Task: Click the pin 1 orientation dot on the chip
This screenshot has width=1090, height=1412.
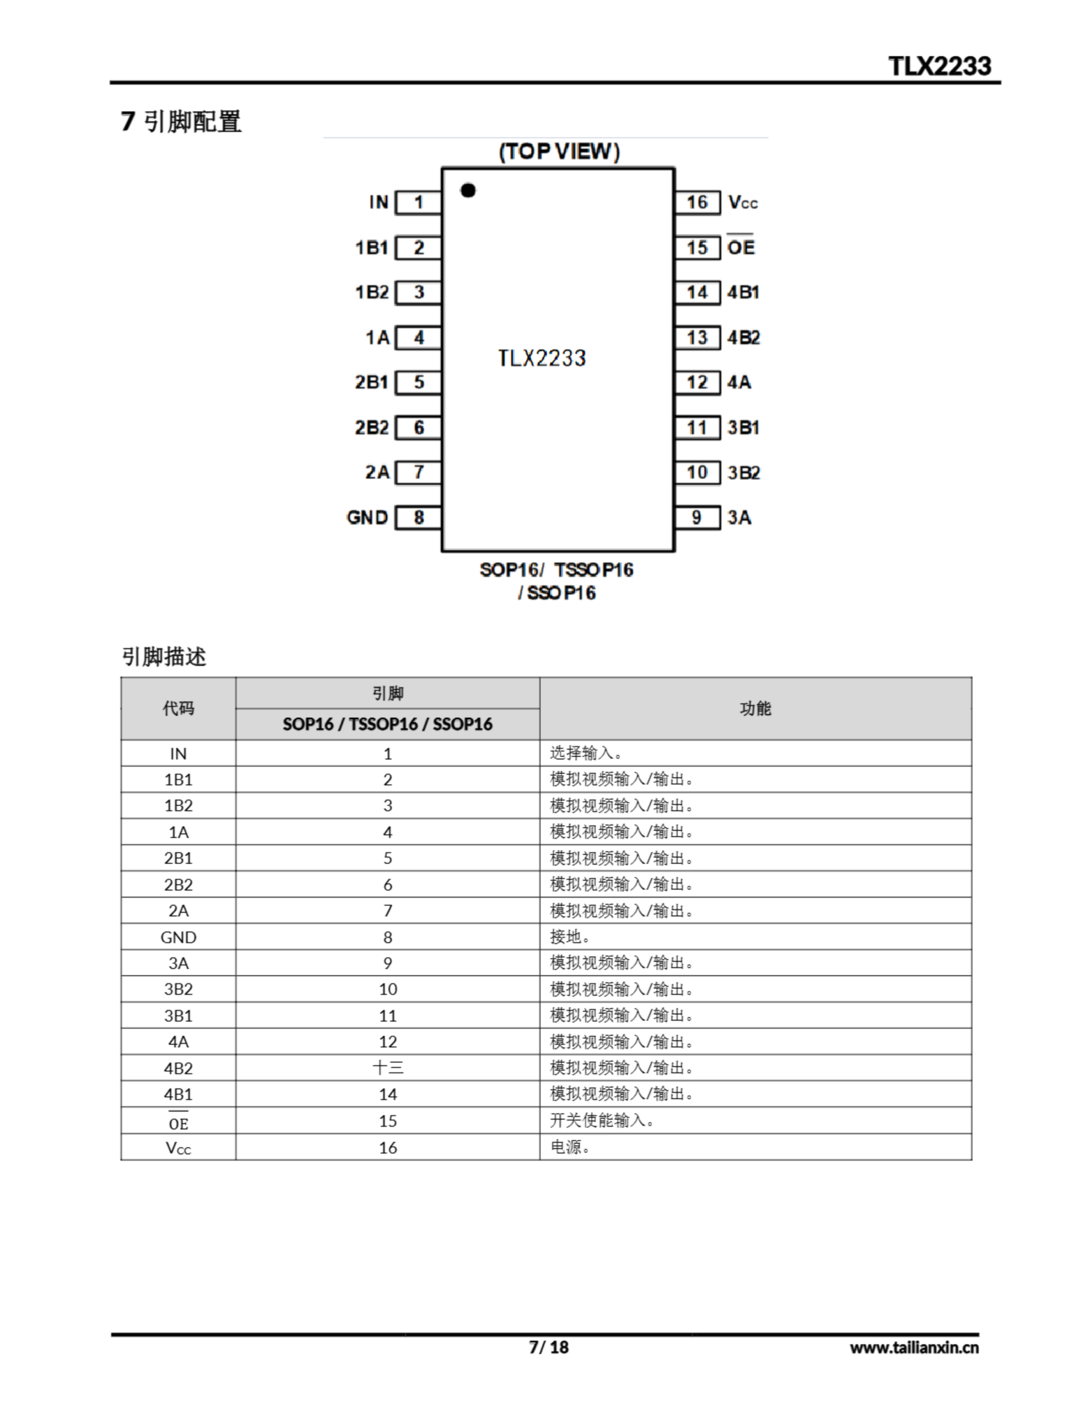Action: click(x=468, y=190)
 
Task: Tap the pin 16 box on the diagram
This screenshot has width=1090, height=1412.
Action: click(x=697, y=202)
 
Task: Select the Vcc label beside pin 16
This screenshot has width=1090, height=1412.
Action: click(x=742, y=203)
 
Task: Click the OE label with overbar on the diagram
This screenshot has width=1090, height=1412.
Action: click(x=741, y=247)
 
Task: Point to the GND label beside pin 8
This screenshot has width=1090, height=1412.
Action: click(x=367, y=517)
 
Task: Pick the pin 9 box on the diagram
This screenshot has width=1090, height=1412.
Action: click(x=697, y=517)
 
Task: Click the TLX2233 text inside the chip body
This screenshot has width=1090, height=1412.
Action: click(x=542, y=358)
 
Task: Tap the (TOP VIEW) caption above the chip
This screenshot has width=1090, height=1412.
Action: click(x=559, y=151)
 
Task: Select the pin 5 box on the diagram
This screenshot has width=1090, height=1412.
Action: click(x=419, y=382)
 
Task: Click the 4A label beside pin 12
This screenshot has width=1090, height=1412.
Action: click(x=739, y=382)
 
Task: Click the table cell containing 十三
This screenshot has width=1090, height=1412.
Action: click(x=387, y=1067)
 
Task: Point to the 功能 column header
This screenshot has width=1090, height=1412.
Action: click(x=756, y=709)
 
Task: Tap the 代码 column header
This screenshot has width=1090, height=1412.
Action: click(x=179, y=709)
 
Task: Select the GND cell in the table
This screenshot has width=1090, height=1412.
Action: click(x=179, y=937)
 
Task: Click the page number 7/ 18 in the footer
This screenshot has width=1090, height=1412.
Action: click(x=548, y=1347)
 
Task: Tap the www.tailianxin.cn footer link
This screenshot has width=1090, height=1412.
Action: click(x=914, y=1347)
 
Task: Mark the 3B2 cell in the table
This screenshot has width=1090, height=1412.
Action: click(x=179, y=989)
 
